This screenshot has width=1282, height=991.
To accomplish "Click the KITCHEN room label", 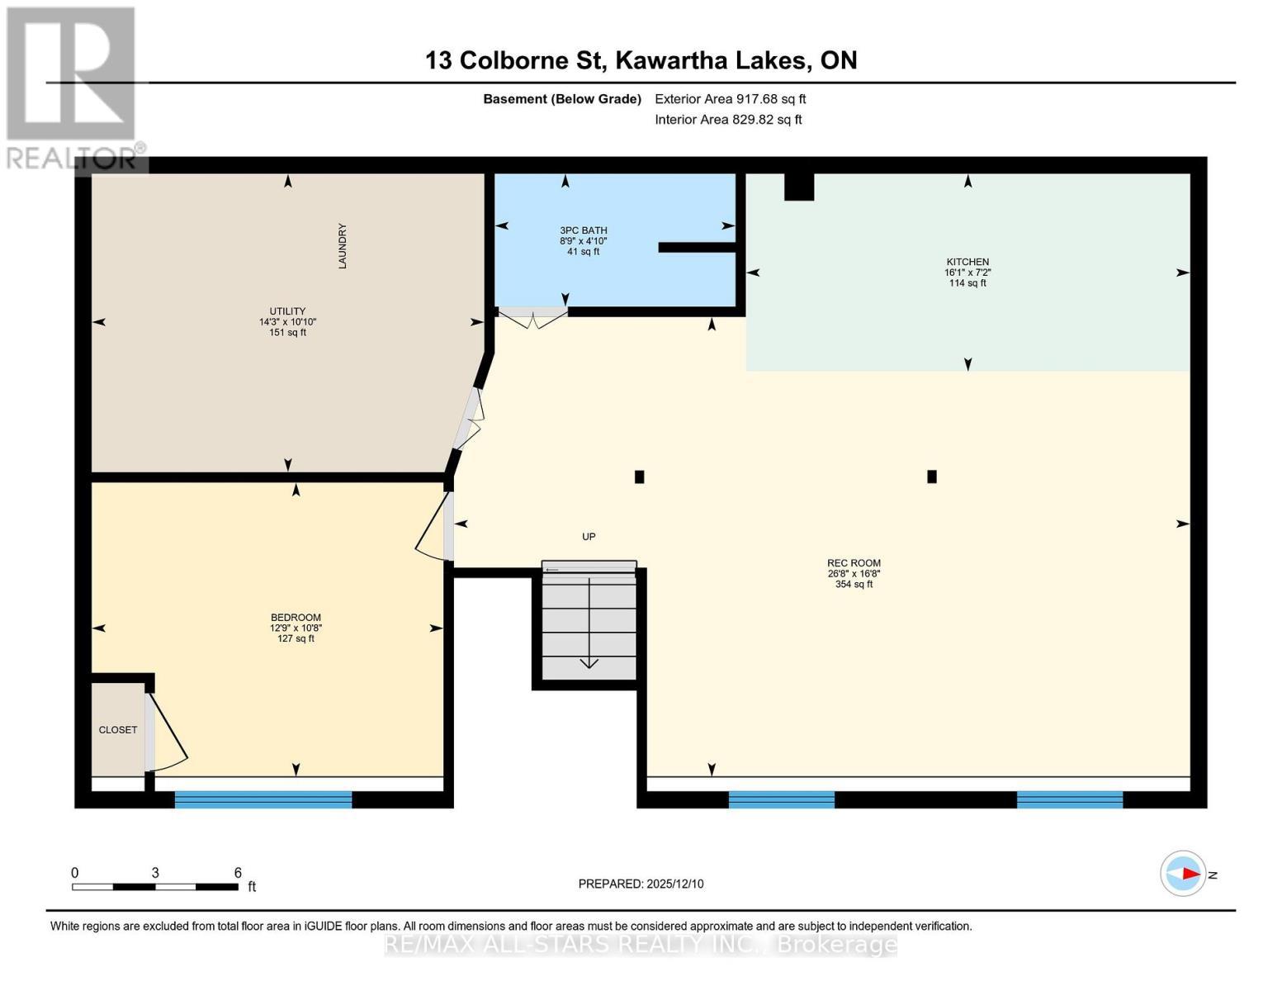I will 967,263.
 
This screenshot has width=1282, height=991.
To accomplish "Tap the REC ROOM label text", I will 854,564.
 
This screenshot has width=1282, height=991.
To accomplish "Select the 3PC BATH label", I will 583,231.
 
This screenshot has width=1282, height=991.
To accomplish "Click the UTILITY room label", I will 287,312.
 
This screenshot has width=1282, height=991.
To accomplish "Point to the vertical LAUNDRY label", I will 342,246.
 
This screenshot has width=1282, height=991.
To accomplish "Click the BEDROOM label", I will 296,618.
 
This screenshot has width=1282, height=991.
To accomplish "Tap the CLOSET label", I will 118,730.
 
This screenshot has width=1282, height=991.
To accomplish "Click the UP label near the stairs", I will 589,537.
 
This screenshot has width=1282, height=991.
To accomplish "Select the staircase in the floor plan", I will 589,624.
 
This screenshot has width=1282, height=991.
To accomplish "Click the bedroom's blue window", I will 263,799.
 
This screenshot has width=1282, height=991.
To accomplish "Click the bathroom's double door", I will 532,317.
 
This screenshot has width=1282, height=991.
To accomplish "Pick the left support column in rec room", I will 639,477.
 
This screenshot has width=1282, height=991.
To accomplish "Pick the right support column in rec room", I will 932,477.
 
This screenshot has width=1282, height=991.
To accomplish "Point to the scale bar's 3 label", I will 155,873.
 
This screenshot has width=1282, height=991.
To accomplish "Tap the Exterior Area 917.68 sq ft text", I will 730,99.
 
